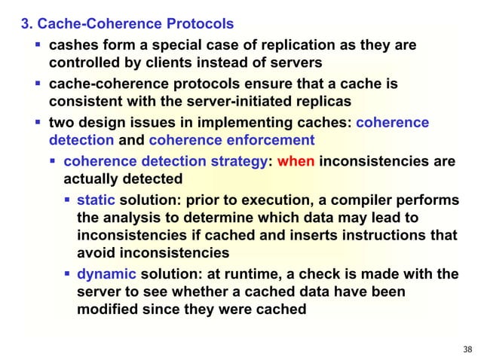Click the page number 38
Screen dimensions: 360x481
pos(467,349)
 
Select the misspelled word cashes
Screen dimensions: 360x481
pos(72,45)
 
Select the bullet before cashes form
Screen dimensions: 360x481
pos(38,45)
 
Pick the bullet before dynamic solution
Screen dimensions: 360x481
pos(68,273)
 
